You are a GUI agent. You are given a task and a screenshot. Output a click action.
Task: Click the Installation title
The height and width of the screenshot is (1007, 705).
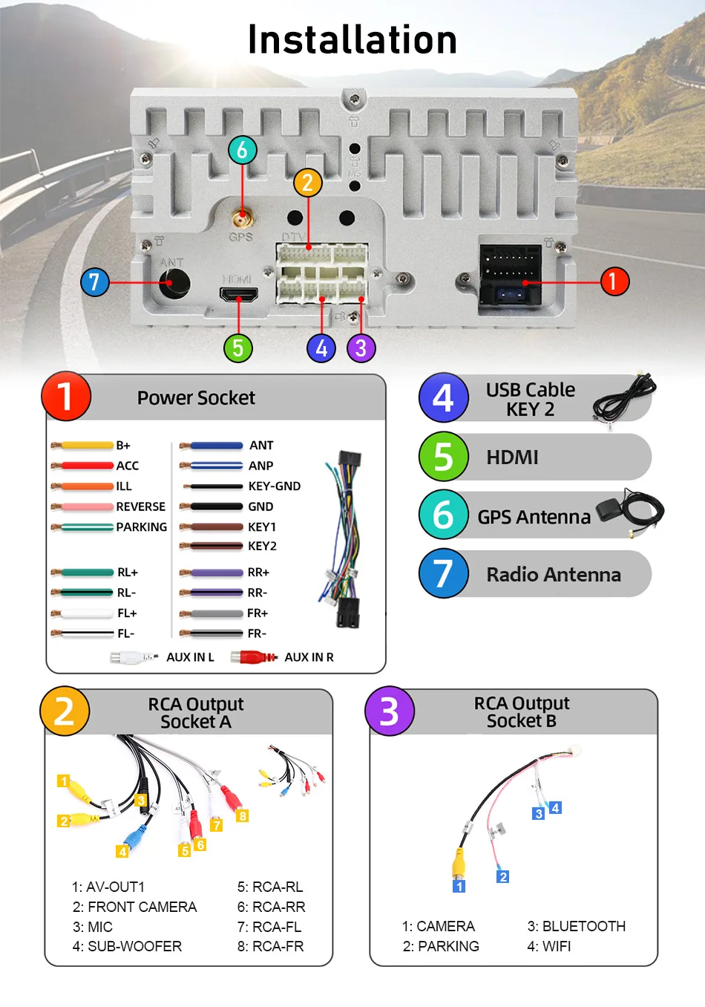[x=352, y=40]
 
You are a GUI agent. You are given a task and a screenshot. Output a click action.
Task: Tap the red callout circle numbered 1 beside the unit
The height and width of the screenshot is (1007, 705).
[x=614, y=281]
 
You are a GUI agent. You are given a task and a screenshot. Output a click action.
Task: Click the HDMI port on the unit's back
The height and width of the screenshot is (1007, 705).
[x=238, y=295]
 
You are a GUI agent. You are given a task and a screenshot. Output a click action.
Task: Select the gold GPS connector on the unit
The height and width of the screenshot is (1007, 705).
[x=241, y=220]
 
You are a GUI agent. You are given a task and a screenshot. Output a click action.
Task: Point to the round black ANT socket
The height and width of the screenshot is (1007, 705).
[x=174, y=283]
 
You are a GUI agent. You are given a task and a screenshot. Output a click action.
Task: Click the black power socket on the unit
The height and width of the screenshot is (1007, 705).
[x=510, y=274]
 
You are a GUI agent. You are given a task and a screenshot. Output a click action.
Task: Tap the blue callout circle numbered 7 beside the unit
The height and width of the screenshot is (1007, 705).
[x=94, y=282]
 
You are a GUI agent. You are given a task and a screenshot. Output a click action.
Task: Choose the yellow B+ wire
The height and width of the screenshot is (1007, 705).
[x=85, y=446]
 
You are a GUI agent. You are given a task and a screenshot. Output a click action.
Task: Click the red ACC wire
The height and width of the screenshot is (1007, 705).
[x=85, y=466]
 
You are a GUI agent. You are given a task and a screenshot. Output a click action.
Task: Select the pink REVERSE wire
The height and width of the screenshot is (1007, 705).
[x=85, y=506]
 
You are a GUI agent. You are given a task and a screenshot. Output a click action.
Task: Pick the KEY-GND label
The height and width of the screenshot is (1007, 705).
[x=275, y=486]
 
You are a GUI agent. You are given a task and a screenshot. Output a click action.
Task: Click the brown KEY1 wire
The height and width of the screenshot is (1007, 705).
[x=213, y=527]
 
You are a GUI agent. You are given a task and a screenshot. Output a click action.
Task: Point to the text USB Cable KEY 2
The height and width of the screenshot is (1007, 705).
[x=530, y=400]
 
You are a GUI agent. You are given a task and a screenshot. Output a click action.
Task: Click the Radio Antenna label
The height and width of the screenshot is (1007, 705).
[x=554, y=574]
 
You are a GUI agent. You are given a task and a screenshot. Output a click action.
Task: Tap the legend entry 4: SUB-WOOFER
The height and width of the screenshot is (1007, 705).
[x=127, y=946]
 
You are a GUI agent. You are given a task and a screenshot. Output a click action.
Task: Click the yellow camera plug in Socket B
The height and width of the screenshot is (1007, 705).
[x=459, y=864]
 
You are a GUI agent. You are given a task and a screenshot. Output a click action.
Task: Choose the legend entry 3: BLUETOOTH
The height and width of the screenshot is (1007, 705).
[x=576, y=926]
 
